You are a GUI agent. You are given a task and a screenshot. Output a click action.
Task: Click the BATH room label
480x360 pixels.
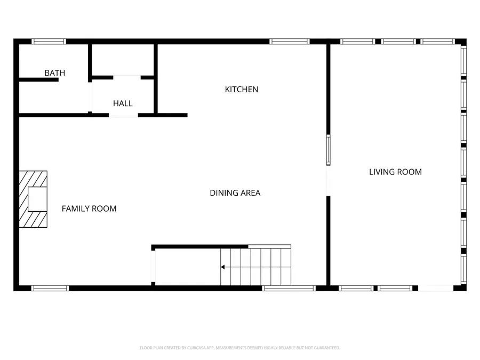point(54,73)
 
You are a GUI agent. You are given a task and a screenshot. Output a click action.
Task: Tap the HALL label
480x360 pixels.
point(123,103)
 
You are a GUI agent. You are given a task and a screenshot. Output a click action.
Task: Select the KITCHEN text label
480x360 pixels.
point(241,90)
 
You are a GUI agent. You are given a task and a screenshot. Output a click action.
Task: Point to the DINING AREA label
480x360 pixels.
point(235,193)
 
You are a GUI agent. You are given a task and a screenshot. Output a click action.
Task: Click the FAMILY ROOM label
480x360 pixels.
point(89,209)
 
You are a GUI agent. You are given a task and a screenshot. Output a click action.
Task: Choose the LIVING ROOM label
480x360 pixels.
point(395,172)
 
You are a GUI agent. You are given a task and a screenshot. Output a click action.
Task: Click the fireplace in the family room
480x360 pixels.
point(33,199)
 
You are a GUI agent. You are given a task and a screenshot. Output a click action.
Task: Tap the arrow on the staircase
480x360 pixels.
point(223,267)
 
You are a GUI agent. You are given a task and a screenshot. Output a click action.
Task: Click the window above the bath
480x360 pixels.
point(49,42)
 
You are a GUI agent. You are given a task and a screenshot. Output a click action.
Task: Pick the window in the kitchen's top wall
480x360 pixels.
point(289,42)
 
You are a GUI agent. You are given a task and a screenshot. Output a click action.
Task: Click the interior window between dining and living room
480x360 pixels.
point(328,150)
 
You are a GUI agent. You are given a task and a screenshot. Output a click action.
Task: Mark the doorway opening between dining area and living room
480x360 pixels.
point(328,181)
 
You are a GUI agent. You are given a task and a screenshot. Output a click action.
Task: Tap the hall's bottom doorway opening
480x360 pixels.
point(123,115)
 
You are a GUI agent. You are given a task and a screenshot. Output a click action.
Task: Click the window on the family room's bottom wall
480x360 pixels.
point(50,289)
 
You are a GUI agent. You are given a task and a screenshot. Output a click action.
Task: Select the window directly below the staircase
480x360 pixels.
point(289,289)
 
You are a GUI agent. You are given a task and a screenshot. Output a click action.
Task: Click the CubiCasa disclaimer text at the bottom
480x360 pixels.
point(239,348)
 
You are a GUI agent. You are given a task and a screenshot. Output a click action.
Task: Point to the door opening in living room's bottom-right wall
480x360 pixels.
point(435,289)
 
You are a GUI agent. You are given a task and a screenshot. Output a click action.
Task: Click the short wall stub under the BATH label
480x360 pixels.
point(38,80)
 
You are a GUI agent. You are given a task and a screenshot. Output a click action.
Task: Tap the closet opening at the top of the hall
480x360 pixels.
point(127,77)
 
